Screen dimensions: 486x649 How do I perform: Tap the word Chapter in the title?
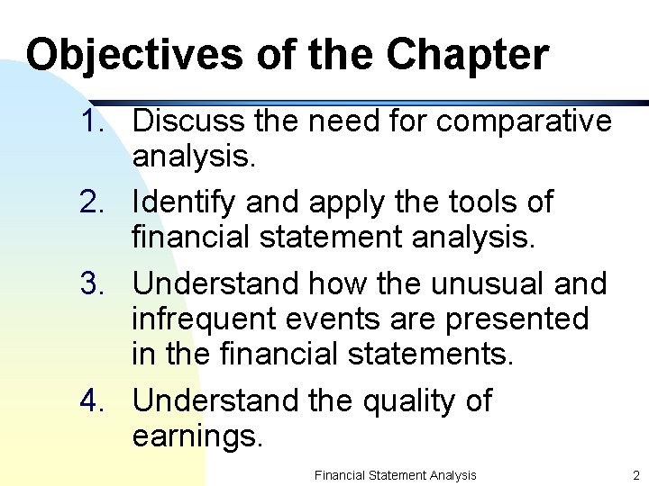pyautogui.click(x=467, y=55)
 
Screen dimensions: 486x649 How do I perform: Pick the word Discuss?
pyautogui.click(x=188, y=121)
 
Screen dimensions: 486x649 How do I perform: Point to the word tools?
pyautogui.click(x=488, y=202)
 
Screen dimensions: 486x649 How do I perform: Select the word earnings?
pyautogui.click(x=197, y=437)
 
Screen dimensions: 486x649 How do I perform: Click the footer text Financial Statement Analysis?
pyautogui.click(x=395, y=474)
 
